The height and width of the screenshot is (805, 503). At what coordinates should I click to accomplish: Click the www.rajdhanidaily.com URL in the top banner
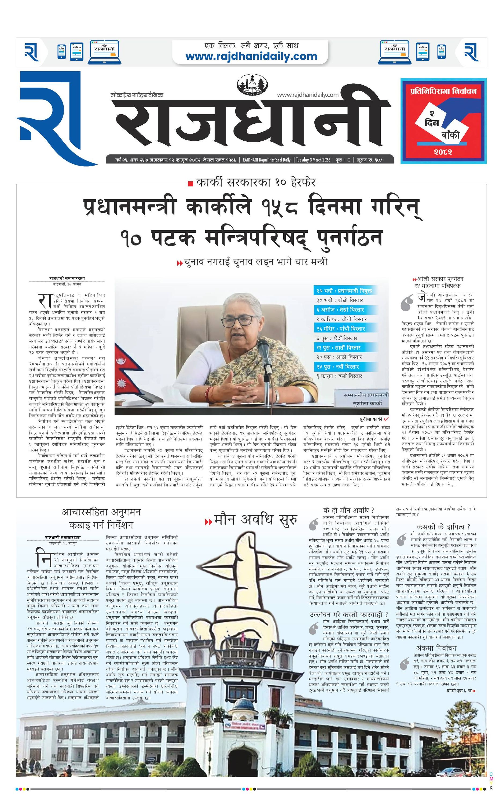251,56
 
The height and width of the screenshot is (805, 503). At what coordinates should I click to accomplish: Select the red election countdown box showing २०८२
443,121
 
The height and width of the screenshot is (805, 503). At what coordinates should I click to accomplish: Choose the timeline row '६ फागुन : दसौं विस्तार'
339,376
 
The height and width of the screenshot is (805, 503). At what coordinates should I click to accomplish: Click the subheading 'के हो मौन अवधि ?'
349,510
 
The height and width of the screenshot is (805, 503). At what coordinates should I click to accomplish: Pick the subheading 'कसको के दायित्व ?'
443,526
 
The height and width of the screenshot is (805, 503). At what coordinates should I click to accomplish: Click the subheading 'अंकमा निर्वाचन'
436,648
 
